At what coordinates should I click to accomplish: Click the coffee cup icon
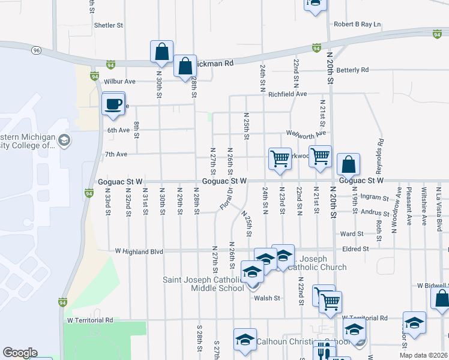click(x=113, y=104)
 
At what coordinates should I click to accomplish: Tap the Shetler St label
click(x=109, y=26)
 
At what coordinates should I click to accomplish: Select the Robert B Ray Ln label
click(x=358, y=25)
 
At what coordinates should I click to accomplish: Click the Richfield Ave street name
click(x=288, y=94)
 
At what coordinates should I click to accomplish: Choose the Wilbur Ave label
click(x=120, y=81)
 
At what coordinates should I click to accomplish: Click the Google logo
click(x=20, y=353)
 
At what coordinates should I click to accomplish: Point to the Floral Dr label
click(x=226, y=199)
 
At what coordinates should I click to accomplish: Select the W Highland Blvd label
click(x=139, y=252)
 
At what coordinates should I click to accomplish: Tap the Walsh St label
click(x=267, y=298)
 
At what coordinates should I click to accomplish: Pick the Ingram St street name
click(x=375, y=196)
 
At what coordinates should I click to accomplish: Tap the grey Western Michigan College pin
click(x=64, y=141)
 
